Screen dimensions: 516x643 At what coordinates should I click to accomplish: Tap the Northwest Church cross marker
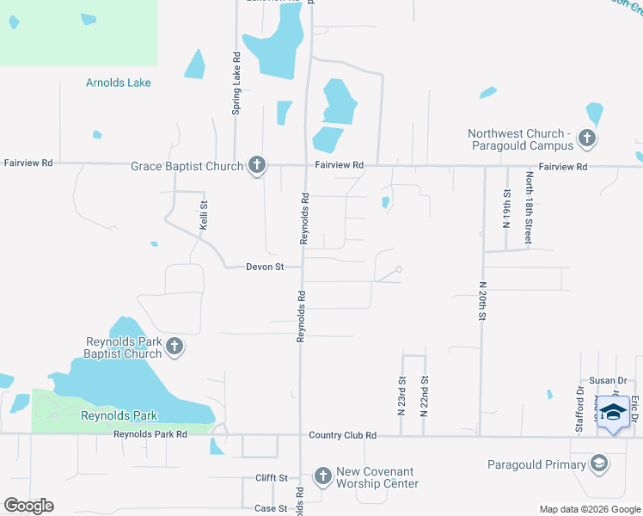(586, 138)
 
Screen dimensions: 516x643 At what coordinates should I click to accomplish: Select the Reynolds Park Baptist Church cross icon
(174, 347)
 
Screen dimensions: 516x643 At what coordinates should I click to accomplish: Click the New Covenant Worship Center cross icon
(322, 476)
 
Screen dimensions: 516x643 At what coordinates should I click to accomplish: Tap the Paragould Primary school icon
(598, 464)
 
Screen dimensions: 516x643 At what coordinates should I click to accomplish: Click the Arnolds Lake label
(119, 83)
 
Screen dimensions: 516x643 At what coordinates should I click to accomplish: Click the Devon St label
(265, 267)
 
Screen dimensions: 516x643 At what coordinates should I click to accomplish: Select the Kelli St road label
(205, 215)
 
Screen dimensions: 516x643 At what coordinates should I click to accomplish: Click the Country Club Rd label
(343, 435)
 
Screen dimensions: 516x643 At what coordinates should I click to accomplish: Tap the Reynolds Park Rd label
(150, 435)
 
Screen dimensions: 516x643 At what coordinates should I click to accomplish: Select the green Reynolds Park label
(119, 415)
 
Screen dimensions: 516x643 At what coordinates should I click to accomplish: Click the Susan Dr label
(609, 380)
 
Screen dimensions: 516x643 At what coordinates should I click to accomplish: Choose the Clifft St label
(271, 477)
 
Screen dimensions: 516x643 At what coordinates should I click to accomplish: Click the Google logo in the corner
(28, 506)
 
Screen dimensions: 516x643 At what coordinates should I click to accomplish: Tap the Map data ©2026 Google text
(590, 509)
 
